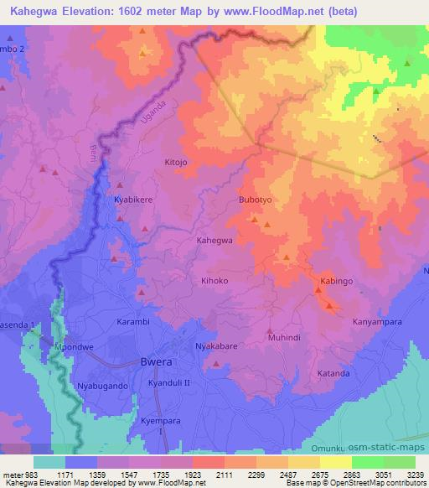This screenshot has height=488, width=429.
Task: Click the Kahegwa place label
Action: pyautogui.click(x=214, y=241)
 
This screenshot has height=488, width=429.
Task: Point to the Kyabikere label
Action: pyautogui.click(x=130, y=201)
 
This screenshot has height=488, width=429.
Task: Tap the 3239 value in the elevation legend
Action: pyautogui.click(x=405, y=475)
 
